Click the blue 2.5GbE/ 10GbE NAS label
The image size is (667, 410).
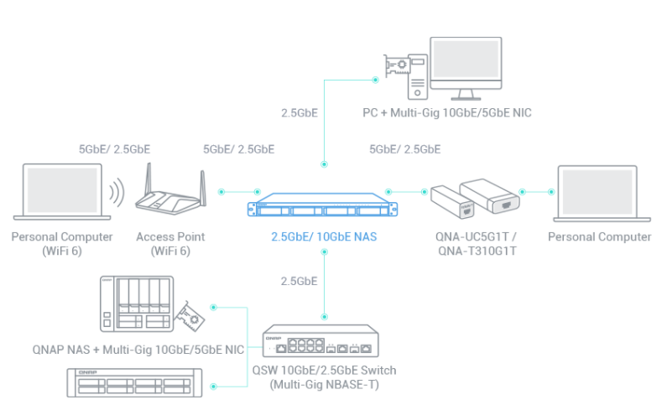tap(324, 237)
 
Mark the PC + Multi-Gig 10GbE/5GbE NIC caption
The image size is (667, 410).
tap(446, 112)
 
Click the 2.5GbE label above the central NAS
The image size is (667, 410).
tap(300, 112)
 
